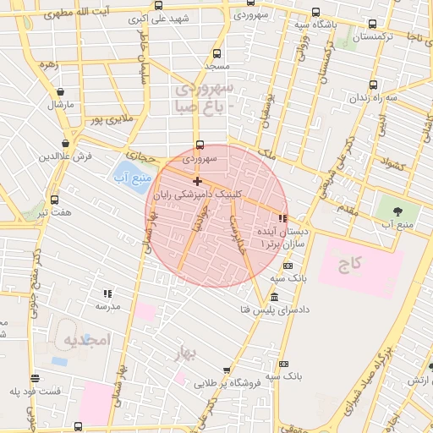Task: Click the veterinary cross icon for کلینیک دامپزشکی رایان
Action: coord(197,181)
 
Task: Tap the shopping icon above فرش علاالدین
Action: coord(65,143)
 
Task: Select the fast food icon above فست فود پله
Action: coord(35,378)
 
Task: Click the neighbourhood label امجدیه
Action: coord(86,339)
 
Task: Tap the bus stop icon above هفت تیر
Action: coord(55,200)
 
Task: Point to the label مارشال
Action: coord(61,104)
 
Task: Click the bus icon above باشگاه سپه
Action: coord(315,12)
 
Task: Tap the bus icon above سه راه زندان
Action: coord(373,85)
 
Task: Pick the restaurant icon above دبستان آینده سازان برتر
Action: coord(282,218)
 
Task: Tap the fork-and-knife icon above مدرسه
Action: coord(107,293)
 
